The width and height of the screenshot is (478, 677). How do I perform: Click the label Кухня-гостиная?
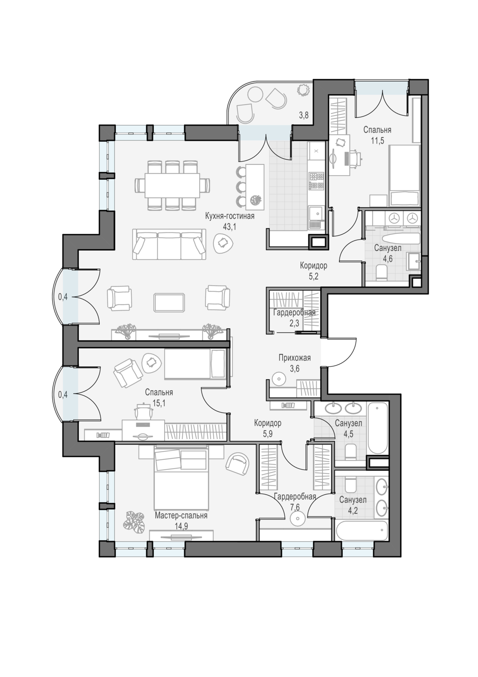click(x=230, y=216)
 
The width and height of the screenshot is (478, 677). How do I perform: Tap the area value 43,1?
click(x=230, y=227)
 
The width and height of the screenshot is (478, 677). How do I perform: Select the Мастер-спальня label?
click(x=181, y=515)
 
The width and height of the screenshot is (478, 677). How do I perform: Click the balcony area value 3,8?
click(x=303, y=116)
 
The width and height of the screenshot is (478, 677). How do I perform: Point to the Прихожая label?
click(x=294, y=358)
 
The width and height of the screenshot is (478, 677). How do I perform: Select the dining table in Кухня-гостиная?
click(x=172, y=185)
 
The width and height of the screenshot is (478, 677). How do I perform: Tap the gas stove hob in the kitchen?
click(x=317, y=181)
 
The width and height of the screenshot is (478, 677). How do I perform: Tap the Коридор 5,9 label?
click(x=267, y=428)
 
